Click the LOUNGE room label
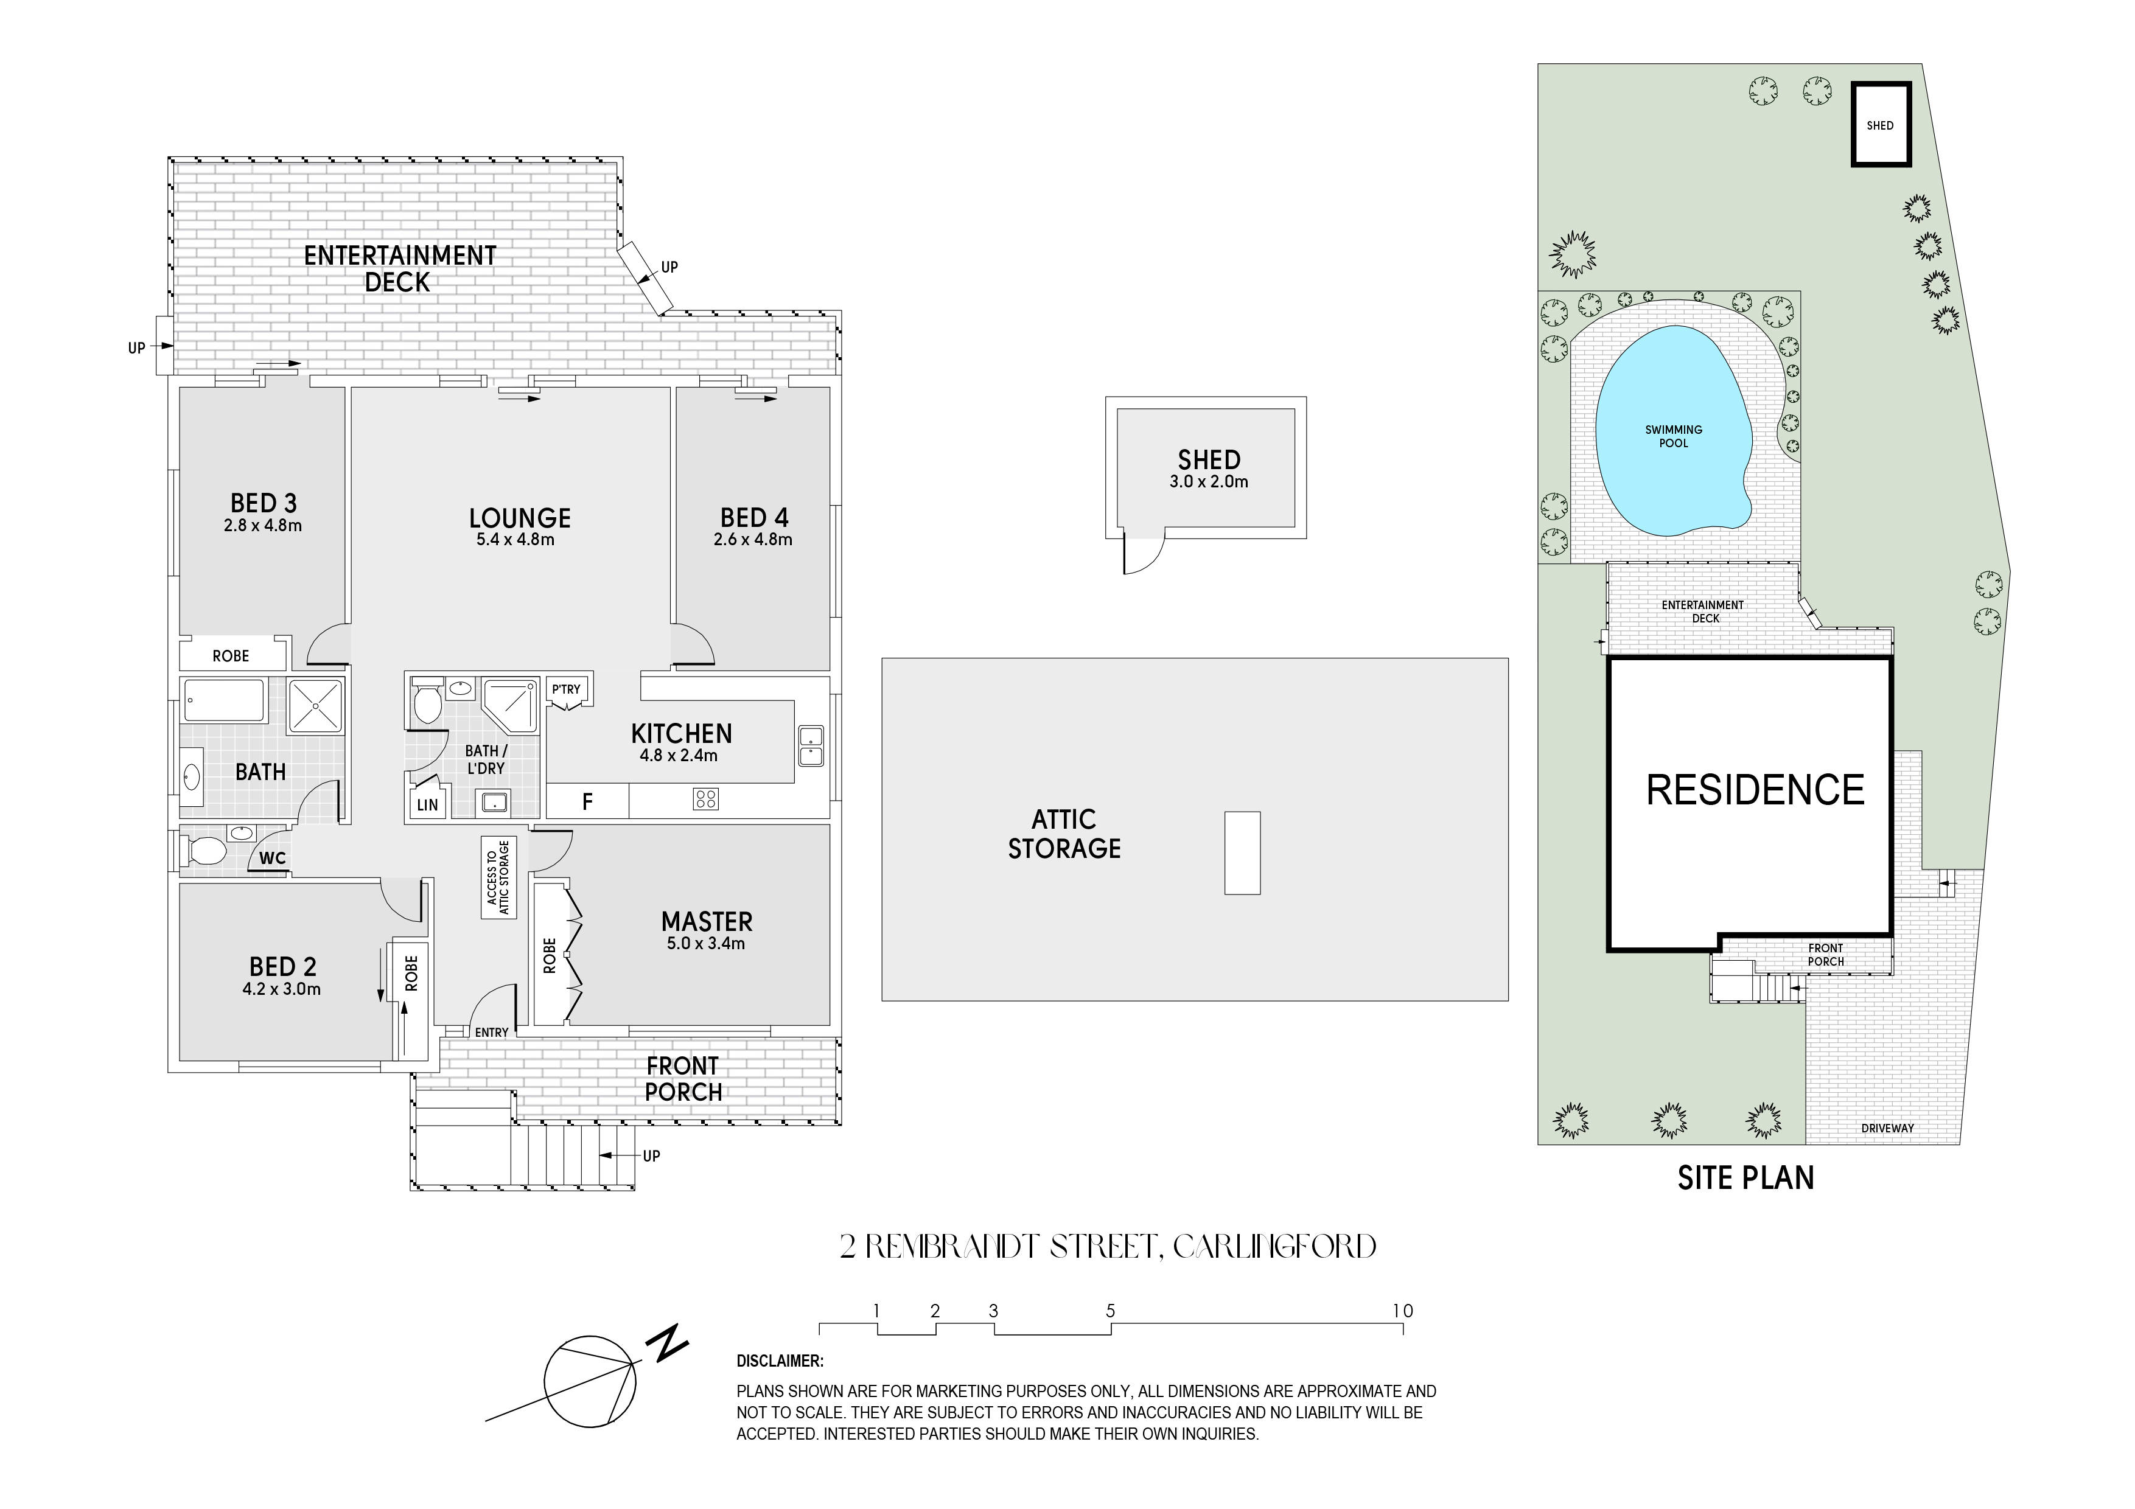coord(519,518)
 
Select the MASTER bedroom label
coord(707,921)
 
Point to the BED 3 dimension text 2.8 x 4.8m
coord(262,525)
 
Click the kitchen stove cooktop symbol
coord(706,799)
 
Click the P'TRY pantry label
coord(565,689)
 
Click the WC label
coord(273,858)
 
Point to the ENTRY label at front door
coord(491,1032)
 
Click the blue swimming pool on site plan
coord(1674,430)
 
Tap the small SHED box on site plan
coord(1880,125)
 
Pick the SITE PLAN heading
coord(1745,1178)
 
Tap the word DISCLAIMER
coord(779,1361)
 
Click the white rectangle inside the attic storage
coord(1242,852)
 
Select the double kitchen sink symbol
coord(810,745)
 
